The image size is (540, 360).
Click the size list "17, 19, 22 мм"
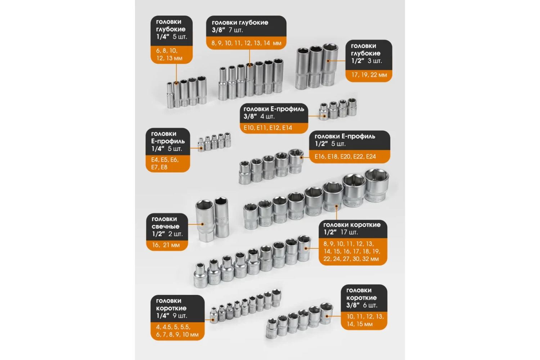click(x=369, y=75)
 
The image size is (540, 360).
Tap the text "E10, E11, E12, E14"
click(x=267, y=127)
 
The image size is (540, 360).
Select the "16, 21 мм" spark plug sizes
click(x=166, y=245)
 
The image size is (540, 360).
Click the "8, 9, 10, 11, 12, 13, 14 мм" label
click(x=246, y=43)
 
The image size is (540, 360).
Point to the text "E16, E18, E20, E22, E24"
click(x=345, y=157)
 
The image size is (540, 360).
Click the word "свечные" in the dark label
click(x=165, y=226)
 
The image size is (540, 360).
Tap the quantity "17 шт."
click(x=349, y=232)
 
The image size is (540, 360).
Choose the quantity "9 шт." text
click(x=180, y=316)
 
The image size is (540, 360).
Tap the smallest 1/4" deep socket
click(x=170, y=95)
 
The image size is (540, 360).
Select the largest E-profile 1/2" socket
click(x=296, y=161)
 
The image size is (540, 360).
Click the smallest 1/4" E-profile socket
click(x=201, y=145)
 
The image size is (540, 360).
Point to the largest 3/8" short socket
click(x=327, y=313)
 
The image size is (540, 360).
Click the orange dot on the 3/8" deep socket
click(x=250, y=65)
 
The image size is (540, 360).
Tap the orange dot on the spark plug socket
click(x=202, y=224)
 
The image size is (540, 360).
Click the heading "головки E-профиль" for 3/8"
click(x=274, y=109)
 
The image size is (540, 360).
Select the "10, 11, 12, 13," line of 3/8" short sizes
click(x=365, y=316)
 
